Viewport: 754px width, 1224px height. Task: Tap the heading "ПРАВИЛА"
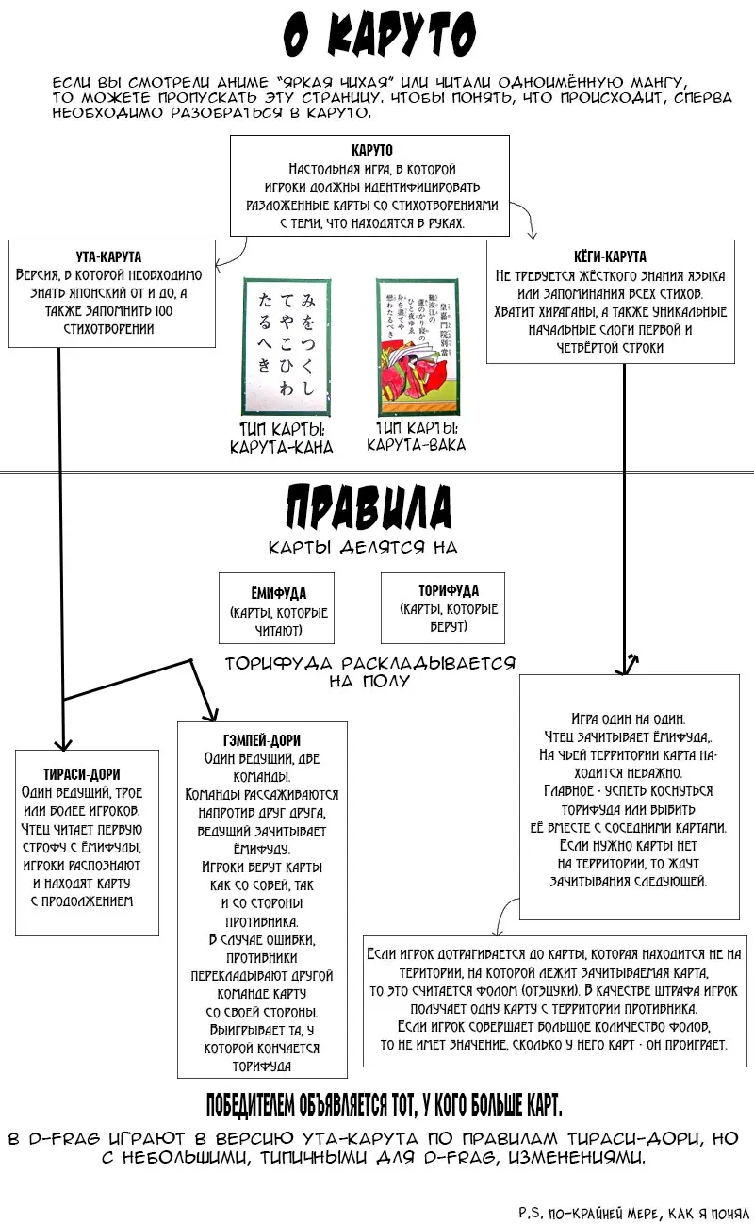coord(368,509)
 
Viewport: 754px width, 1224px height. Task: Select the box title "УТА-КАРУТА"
coord(108,256)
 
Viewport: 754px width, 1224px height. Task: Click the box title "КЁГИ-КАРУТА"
coord(610,256)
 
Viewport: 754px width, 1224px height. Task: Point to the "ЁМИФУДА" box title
coord(278,593)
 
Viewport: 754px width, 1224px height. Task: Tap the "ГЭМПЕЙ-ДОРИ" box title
coord(263,740)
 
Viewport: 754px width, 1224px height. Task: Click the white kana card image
coord(287,345)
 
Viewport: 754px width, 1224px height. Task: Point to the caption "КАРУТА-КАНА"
coord(282,447)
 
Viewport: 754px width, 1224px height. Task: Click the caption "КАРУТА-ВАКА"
coord(416,444)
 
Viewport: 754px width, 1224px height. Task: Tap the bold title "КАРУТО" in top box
coord(371,150)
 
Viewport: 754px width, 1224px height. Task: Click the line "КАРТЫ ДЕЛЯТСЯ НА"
coord(363,548)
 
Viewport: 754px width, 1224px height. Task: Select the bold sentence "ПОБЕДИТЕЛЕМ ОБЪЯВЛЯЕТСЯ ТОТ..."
coord(384,1104)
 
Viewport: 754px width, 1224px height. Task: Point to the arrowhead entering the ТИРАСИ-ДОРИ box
coord(62,742)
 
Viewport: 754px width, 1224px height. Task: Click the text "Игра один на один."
coord(621,718)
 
